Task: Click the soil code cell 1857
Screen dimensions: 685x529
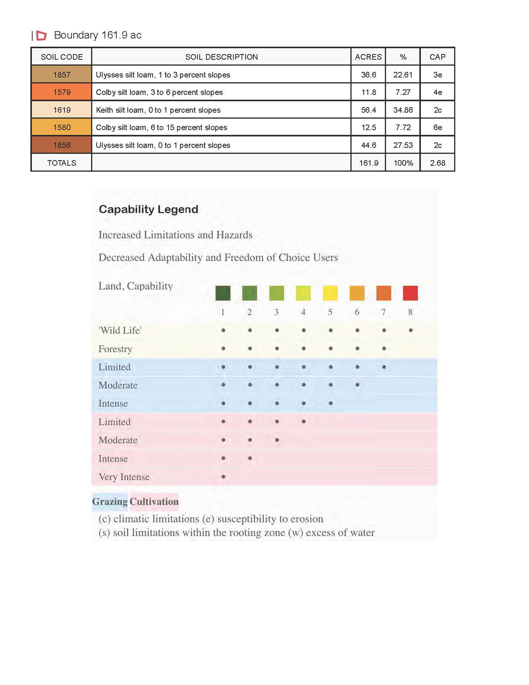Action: (x=62, y=74)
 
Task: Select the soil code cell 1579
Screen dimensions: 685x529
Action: (x=62, y=92)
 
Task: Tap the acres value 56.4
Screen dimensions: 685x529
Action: (x=369, y=110)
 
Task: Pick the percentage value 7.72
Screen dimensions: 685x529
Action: (x=403, y=127)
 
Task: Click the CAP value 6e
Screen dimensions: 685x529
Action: (x=437, y=127)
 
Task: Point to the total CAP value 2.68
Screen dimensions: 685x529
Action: (x=437, y=163)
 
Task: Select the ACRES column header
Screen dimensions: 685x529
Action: (x=368, y=57)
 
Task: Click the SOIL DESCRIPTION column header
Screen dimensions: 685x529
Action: (x=221, y=57)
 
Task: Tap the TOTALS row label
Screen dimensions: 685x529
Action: (x=62, y=163)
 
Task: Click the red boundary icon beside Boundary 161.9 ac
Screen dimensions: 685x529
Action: (x=42, y=35)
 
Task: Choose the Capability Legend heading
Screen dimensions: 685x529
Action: (x=148, y=209)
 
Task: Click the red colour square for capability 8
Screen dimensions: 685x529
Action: (x=410, y=293)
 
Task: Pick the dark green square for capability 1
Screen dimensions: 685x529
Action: (x=223, y=293)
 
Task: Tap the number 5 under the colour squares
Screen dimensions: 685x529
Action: (x=330, y=312)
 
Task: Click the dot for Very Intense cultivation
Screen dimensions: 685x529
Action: (x=223, y=477)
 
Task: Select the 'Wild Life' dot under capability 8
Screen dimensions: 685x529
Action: (x=411, y=330)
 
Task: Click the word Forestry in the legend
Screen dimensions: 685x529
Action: (x=115, y=349)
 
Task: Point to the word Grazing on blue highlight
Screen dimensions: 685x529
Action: (x=110, y=501)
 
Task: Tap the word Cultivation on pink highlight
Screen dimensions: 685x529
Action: (x=154, y=501)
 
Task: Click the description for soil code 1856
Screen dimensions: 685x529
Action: (x=163, y=145)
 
